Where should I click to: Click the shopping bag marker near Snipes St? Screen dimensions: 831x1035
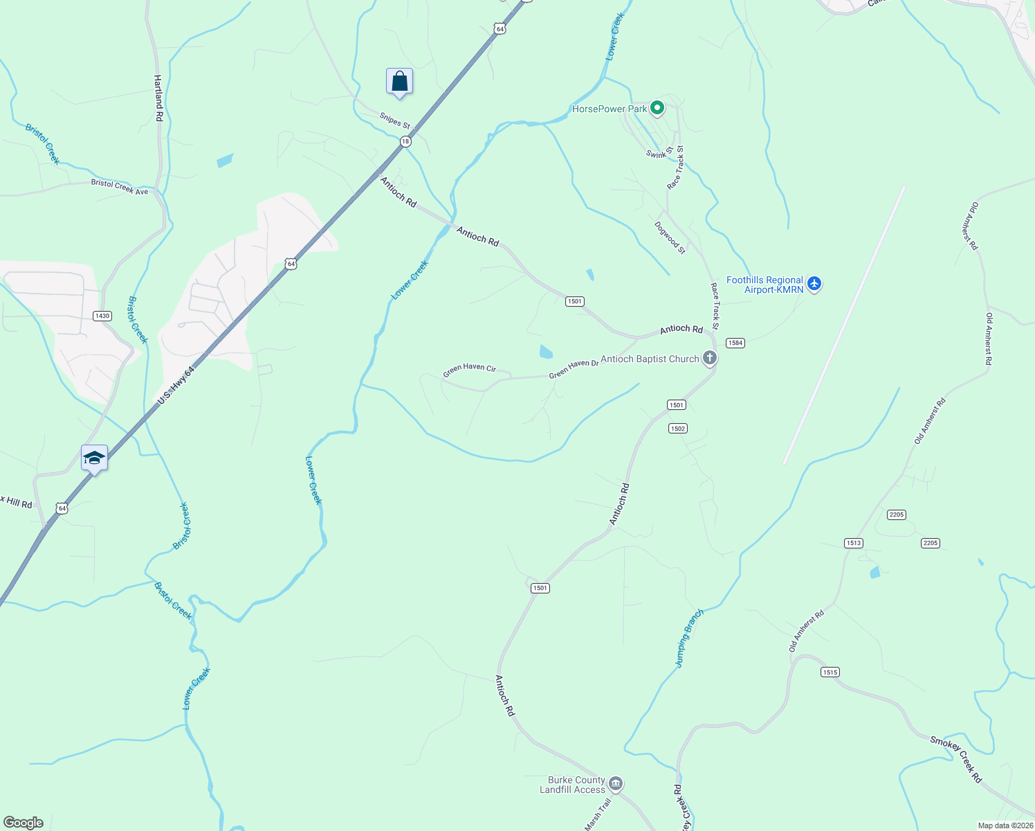coord(399,81)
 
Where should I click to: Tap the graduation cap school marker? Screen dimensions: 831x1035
coord(94,458)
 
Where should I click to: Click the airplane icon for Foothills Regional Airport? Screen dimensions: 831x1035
coord(814,283)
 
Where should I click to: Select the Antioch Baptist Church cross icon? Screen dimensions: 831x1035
coord(709,358)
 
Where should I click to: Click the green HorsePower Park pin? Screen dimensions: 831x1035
coord(657,108)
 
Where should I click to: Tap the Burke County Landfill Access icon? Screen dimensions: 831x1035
coord(616,784)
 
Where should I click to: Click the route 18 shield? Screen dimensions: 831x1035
coord(405,141)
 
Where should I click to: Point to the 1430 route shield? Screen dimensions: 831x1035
coord(102,316)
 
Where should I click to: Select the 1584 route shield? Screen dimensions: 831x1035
coord(735,343)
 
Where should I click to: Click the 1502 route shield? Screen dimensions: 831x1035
coord(677,429)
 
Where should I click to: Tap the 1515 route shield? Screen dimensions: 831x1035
coord(830,672)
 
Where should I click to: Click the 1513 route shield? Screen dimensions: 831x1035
coord(854,543)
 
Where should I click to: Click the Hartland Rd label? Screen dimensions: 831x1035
coord(158,98)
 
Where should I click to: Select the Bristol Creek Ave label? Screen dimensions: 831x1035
coord(120,187)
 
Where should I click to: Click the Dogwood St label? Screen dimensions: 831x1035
coord(670,238)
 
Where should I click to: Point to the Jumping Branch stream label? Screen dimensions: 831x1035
coord(689,638)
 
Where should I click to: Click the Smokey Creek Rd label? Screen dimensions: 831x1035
coord(956,759)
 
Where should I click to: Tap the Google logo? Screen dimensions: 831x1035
coord(23,823)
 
